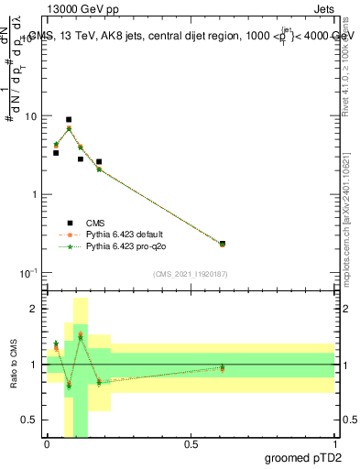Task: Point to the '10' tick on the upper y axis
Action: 31,117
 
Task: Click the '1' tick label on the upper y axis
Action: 34,195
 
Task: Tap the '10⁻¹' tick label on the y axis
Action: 28,273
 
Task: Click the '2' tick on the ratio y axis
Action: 34,310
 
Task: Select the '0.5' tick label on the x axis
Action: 191,444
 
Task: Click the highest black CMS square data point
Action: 69,120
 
